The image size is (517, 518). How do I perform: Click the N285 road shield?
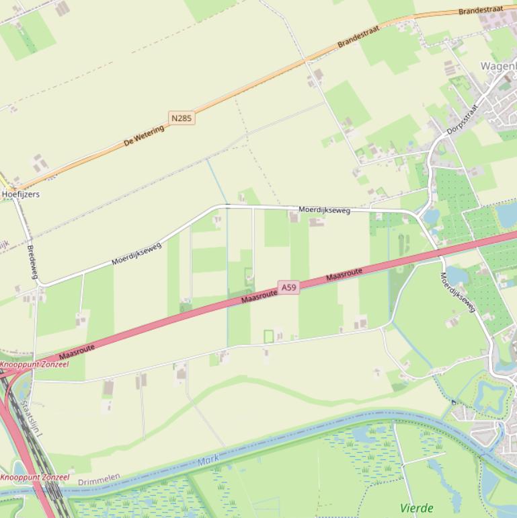pos(182,118)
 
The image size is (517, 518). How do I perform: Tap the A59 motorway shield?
pos(289,288)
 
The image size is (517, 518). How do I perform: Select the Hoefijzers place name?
pos(21,194)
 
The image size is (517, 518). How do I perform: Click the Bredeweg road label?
pos(32,261)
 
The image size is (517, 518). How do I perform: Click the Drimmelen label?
pos(99,480)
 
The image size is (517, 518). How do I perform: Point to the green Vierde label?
pos(417,508)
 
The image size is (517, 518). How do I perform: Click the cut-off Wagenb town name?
pos(498,66)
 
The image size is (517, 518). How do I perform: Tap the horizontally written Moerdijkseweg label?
pos(325,211)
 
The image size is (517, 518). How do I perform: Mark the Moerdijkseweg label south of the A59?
pos(459,292)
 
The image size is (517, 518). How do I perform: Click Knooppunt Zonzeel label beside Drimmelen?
pos(34,478)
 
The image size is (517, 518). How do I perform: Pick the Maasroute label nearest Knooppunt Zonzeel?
pos(77,350)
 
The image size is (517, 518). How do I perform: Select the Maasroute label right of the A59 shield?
pos(344,274)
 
